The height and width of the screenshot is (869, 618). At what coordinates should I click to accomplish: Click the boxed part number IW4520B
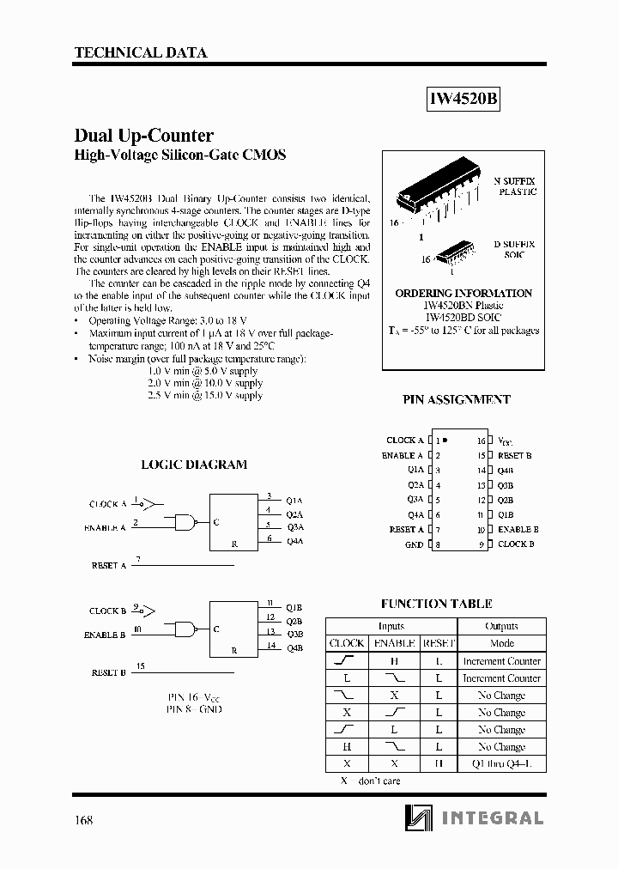click(463, 99)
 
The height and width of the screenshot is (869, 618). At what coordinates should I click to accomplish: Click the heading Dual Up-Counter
click(144, 136)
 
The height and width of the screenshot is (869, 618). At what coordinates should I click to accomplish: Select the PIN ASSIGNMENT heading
click(457, 399)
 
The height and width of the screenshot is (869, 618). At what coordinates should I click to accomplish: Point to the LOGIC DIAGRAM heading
click(194, 465)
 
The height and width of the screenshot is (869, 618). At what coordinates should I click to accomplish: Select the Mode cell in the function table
click(501, 643)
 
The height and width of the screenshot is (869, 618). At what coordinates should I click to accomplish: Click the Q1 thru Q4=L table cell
click(501, 763)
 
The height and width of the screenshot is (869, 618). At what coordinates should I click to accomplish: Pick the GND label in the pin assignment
click(415, 545)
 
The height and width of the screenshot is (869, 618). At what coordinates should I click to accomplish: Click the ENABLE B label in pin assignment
click(518, 530)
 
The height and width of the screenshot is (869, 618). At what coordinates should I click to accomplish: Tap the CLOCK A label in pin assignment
click(405, 441)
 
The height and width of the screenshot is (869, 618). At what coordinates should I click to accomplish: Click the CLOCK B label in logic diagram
click(107, 611)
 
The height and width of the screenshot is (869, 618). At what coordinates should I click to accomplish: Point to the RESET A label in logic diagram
click(108, 566)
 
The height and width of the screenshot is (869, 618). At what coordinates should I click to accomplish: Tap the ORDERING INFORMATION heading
click(463, 293)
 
